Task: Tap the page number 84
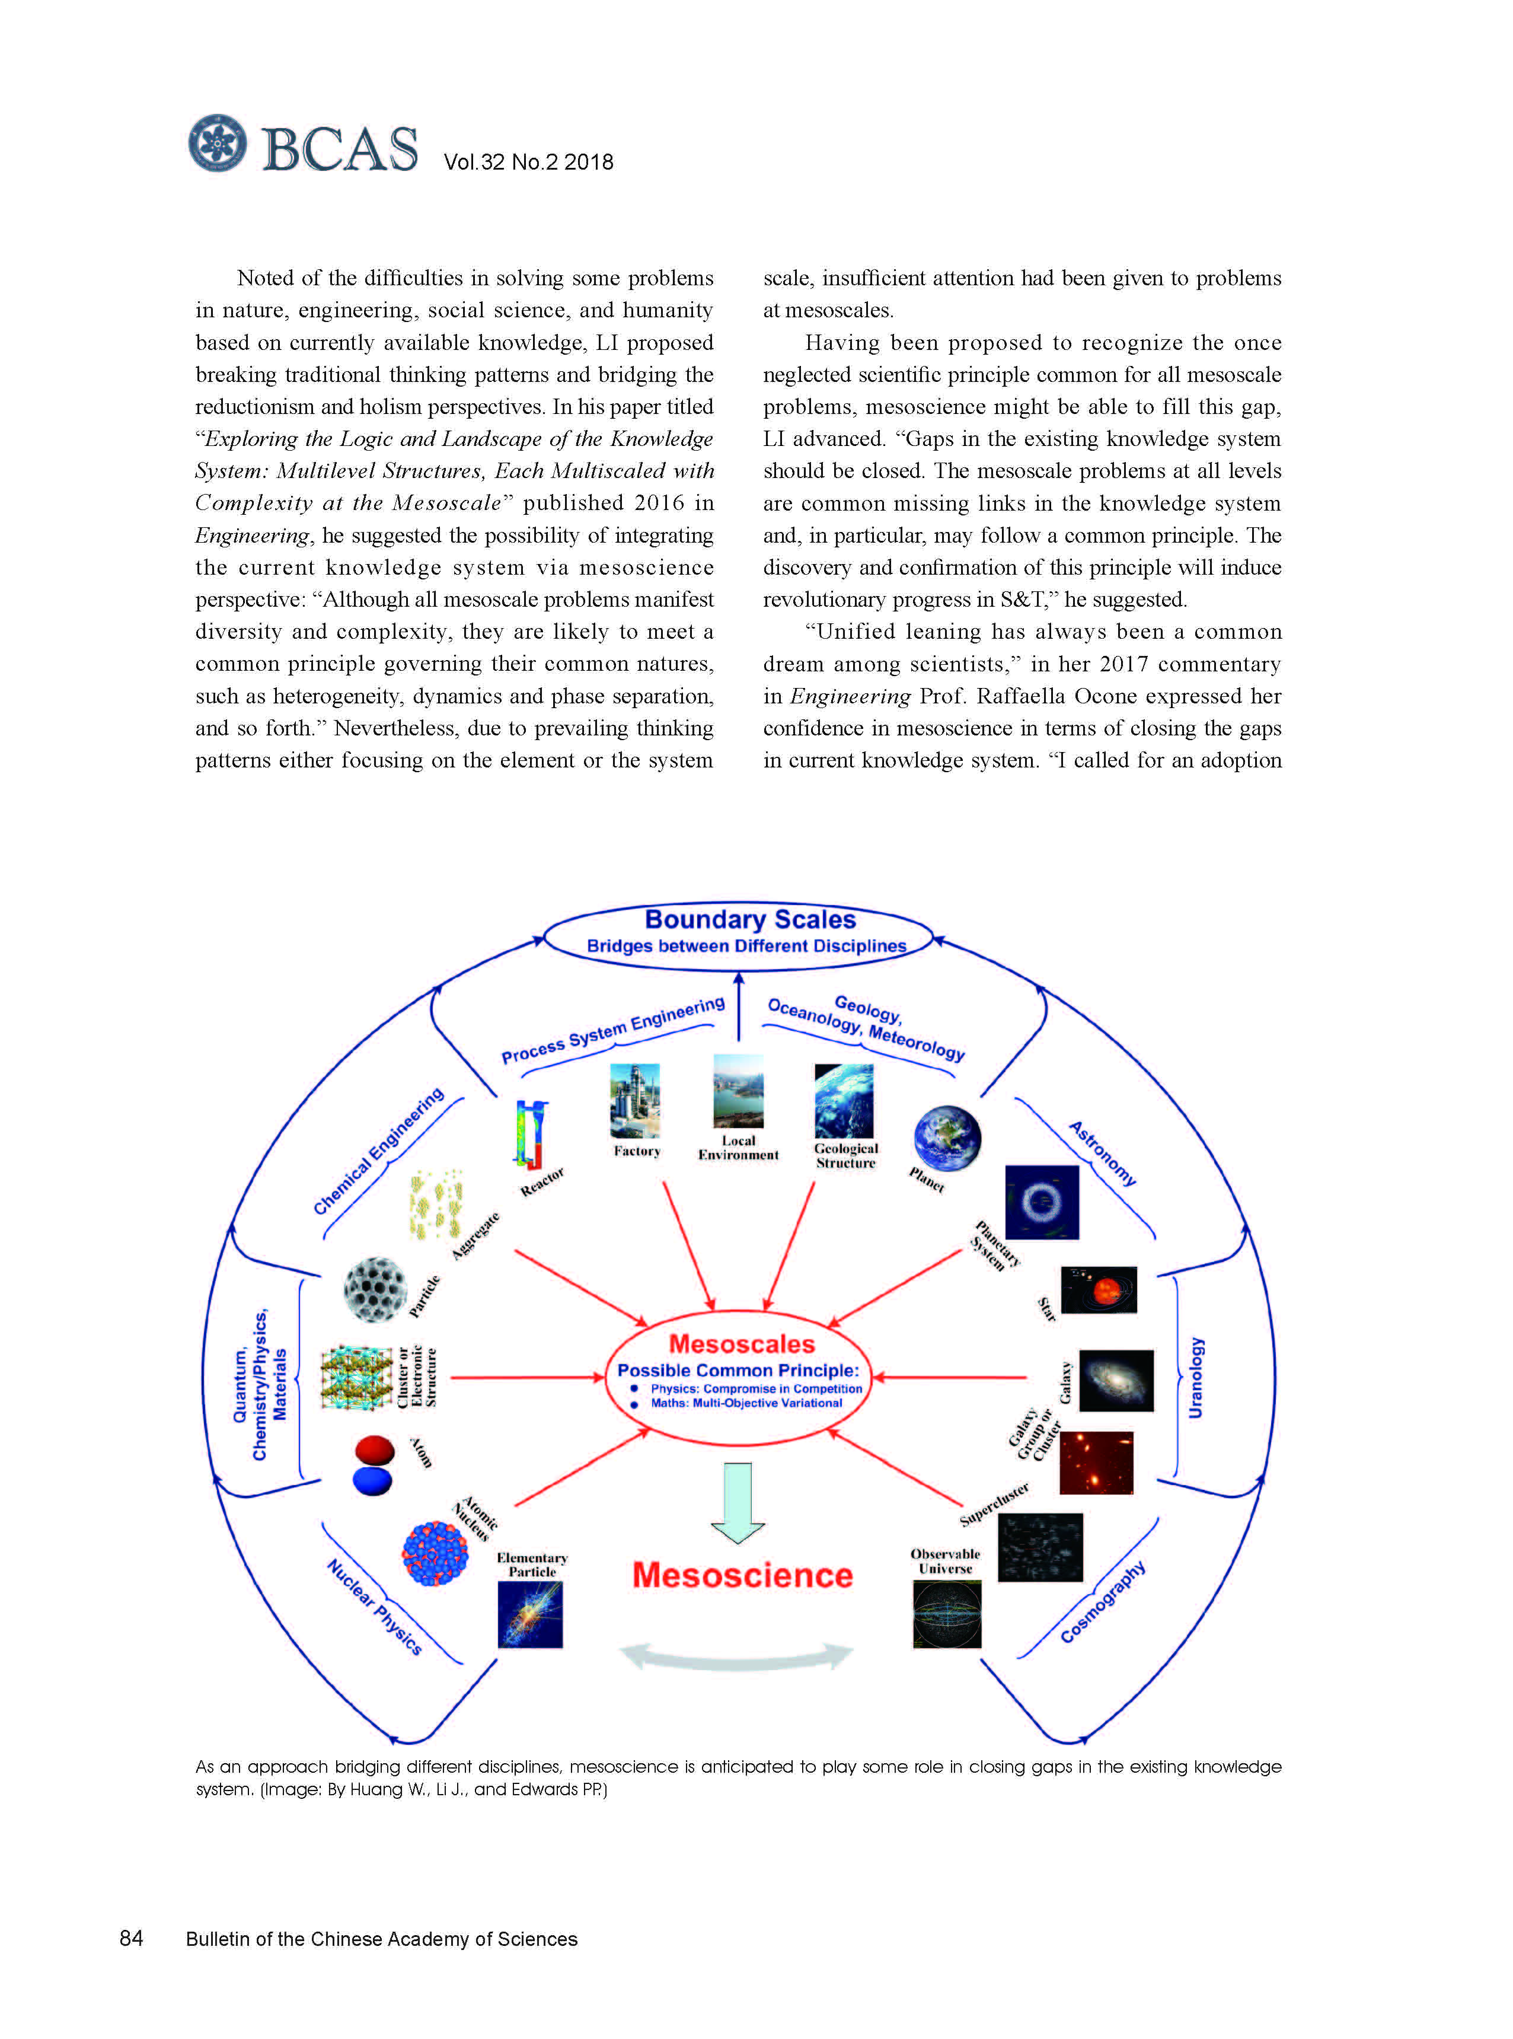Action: (131, 1938)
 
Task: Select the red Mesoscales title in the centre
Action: (741, 1344)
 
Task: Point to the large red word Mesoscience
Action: (742, 1575)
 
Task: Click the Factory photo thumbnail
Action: (635, 1100)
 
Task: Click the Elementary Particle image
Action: (530, 1615)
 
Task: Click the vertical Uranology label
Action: (1196, 1377)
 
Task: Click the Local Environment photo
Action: (738, 1091)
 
